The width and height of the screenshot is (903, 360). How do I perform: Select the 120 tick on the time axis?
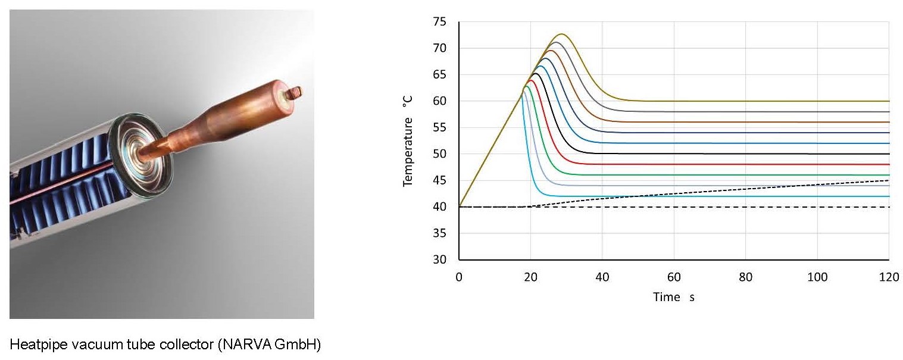pyautogui.click(x=888, y=277)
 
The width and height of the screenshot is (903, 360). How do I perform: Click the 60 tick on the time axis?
pyautogui.click(x=674, y=277)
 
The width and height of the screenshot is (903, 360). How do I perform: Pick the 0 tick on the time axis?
pyautogui.click(x=459, y=277)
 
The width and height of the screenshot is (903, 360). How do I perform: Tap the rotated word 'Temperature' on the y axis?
pyautogui.click(x=408, y=152)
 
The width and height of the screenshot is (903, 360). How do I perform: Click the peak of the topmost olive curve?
pyautogui.click(x=561, y=34)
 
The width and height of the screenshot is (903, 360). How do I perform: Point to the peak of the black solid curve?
pyautogui.click(x=536, y=73)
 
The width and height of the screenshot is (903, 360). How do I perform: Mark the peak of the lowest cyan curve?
pyautogui.click(x=526, y=86)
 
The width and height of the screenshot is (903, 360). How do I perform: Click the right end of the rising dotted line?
pyautogui.click(x=888, y=180)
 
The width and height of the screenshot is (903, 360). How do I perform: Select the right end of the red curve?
pyautogui.click(x=888, y=164)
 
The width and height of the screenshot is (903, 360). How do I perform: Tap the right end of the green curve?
pyautogui.click(x=888, y=175)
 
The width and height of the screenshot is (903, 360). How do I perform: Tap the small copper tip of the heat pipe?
pyautogui.click(x=295, y=92)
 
